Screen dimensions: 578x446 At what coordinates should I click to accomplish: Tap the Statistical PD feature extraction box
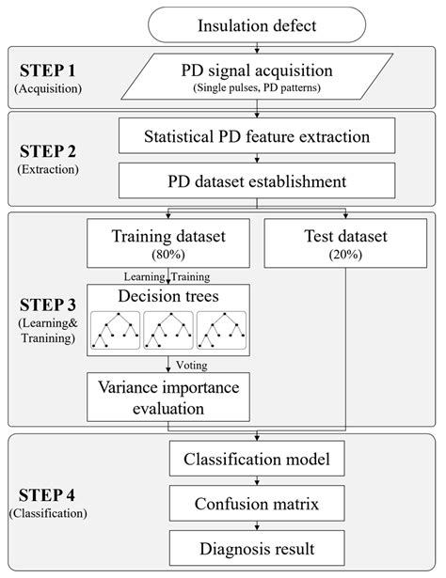coord(257,138)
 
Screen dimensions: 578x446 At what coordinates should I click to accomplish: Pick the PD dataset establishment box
coord(257,180)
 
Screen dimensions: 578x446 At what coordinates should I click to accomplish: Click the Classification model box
coord(257,460)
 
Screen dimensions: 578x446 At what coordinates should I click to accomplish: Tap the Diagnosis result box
coord(257,547)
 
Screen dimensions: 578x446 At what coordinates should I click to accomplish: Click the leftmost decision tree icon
coord(116,331)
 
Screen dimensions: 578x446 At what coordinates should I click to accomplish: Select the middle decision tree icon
coord(168,331)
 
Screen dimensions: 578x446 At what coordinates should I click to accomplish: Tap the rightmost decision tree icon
coord(221,331)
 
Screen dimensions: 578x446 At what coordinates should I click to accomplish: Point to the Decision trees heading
coord(168,297)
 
